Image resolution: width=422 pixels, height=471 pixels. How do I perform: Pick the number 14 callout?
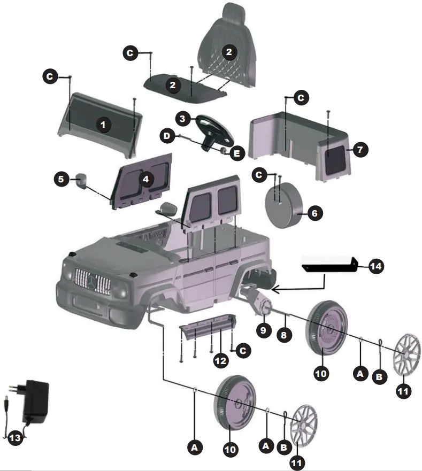tap(376, 265)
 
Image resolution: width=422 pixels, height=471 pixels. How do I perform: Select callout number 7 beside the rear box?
tap(360, 150)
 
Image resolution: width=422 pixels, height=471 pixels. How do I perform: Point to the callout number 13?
tap(15, 438)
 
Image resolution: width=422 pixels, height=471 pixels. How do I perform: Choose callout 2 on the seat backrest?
tap(228, 52)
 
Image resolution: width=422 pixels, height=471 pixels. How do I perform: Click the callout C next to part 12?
tap(243, 351)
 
